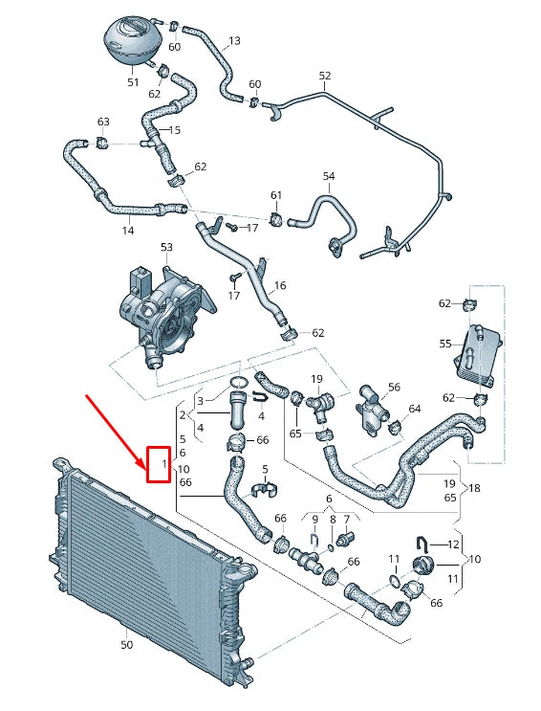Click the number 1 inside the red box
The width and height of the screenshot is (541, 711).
click(x=164, y=465)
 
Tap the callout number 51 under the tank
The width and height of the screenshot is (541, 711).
click(x=133, y=82)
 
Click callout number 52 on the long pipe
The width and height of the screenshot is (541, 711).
click(x=324, y=76)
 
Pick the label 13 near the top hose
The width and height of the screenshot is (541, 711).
click(x=234, y=41)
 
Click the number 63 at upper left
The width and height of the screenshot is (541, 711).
click(x=103, y=122)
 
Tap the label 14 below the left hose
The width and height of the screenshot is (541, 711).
click(x=127, y=231)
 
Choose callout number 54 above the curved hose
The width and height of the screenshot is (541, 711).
click(x=328, y=177)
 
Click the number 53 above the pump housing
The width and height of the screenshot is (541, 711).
click(x=166, y=248)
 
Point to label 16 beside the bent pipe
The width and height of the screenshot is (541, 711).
click(x=280, y=285)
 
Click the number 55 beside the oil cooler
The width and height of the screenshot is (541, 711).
click(x=444, y=343)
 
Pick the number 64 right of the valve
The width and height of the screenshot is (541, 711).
click(x=414, y=410)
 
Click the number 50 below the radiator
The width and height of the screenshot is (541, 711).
click(x=126, y=646)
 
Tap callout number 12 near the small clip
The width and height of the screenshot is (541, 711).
click(x=453, y=544)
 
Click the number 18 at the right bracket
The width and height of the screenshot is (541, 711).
click(x=474, y=489)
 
